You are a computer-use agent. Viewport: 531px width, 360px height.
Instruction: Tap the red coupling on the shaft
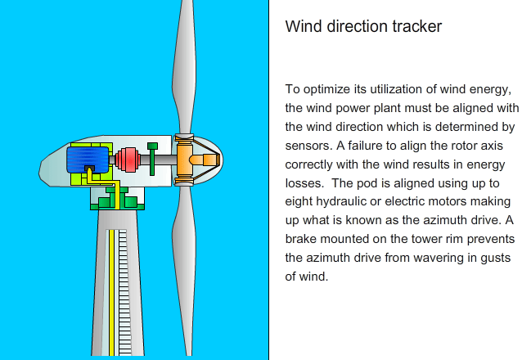128,160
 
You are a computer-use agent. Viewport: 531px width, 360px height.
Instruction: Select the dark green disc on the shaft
152,159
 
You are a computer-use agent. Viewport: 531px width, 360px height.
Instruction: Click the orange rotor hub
197,160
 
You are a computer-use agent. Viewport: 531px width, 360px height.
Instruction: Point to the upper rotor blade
184,68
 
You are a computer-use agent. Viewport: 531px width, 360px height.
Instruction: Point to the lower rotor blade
184,271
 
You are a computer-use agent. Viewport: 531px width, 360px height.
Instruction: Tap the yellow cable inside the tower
111,293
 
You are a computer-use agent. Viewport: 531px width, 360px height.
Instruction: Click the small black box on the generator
89,169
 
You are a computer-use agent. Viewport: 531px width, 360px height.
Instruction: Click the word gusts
496,259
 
